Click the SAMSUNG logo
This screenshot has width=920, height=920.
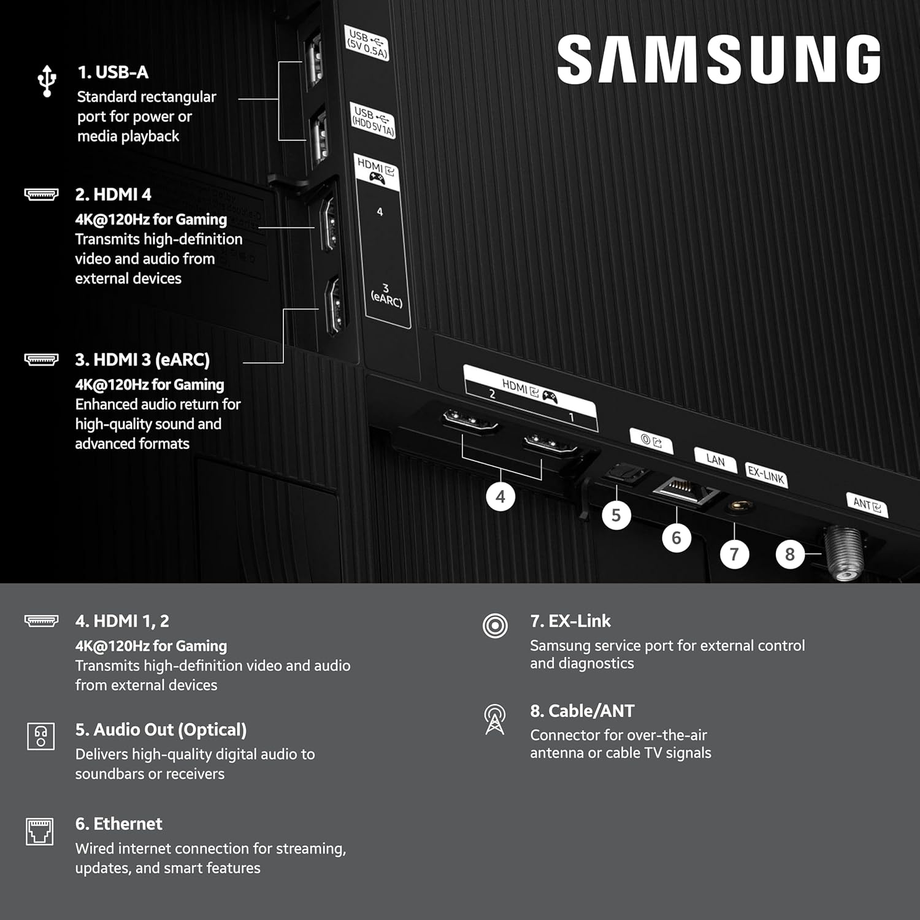click(x=719, y=59)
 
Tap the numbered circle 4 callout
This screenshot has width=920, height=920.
click(x=500, y=497)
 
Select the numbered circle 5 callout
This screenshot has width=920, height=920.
click(x=616, y=515)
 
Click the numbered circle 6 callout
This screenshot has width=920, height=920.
click(x=676, y=538)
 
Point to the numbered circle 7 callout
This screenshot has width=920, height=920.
click(x=734, y=554)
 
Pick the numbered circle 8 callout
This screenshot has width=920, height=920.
click(x=789, y=554)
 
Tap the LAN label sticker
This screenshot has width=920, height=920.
click(x=715, y=459)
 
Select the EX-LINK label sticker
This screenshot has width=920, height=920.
click(x=766, y=475)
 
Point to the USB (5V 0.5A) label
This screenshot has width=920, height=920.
click(x=367, y=44)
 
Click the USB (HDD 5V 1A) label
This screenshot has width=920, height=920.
click(x=372, y=121)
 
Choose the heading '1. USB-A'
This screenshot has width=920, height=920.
click(x=113, y=72)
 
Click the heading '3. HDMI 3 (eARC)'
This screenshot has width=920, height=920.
click(x=142, y=360)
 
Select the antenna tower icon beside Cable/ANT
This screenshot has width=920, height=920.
click(x=494, y=719)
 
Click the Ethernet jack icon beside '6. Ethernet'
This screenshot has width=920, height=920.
click(x=40, y=832)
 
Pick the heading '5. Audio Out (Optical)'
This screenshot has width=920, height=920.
click(x=161, y=730)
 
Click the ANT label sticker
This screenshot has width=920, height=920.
click(x=867, y=505)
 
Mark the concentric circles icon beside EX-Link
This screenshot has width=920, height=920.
click(x=495, y=626)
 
